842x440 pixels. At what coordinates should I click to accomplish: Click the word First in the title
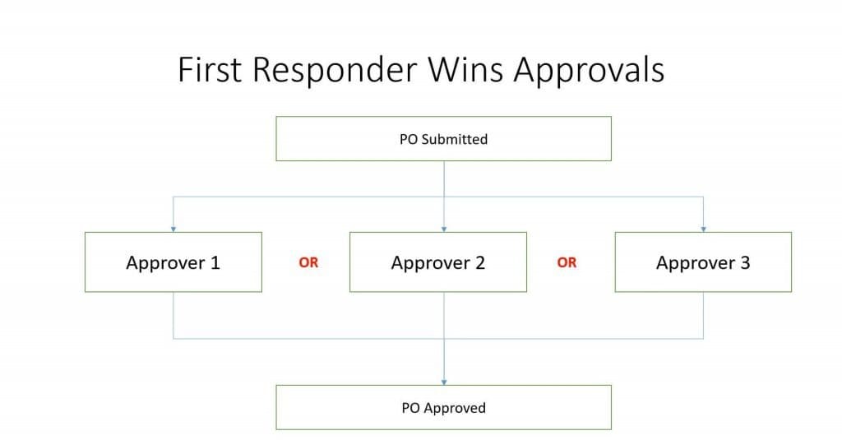click(x=210, y=70)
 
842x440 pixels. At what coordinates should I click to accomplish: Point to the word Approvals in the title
click(x=589, y=70)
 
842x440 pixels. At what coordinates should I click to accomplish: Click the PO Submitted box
click(x=443, y=139)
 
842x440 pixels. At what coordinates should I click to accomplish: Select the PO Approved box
click(x=443, y=408)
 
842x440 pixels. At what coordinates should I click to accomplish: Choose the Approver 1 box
click(x=173, y=262)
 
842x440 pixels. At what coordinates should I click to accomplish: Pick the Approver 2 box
click(x=437, y=262)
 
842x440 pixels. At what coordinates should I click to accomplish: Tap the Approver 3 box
click(x=703, y=262)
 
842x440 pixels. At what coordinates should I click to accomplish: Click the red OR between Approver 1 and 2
click(x=308, y=263)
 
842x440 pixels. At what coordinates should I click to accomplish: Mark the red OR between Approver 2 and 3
click(x=567, y=263)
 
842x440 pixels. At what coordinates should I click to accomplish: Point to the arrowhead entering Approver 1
click(x=173, y=229)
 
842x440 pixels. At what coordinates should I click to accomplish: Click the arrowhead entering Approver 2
click(x=444, y=229)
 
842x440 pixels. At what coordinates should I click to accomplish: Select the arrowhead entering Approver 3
click(x=703, y=229)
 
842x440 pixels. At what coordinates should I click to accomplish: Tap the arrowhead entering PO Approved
click(x=444, y=382)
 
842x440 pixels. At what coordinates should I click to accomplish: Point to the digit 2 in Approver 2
click(x=479, y=263)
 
